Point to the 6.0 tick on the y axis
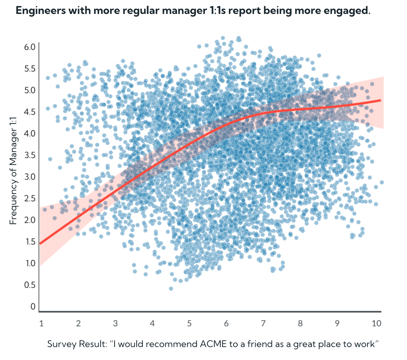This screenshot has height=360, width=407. [29, 47]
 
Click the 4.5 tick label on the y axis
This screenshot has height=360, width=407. [29, 112]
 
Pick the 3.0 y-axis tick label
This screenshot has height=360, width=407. [29, 177]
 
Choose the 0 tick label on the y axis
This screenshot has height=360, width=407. [33, 306]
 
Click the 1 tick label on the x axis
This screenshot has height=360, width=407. [41, 323]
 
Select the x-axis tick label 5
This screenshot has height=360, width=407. [189, 323]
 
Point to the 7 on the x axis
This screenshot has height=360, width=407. [263, 323]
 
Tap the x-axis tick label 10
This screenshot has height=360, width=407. [376, 323]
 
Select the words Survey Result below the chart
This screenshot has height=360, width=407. [76, 344]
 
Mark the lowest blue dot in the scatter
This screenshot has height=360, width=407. [171, 289]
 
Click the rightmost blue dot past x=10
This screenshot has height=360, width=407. [381, 182]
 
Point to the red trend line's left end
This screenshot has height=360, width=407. [41, 243]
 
